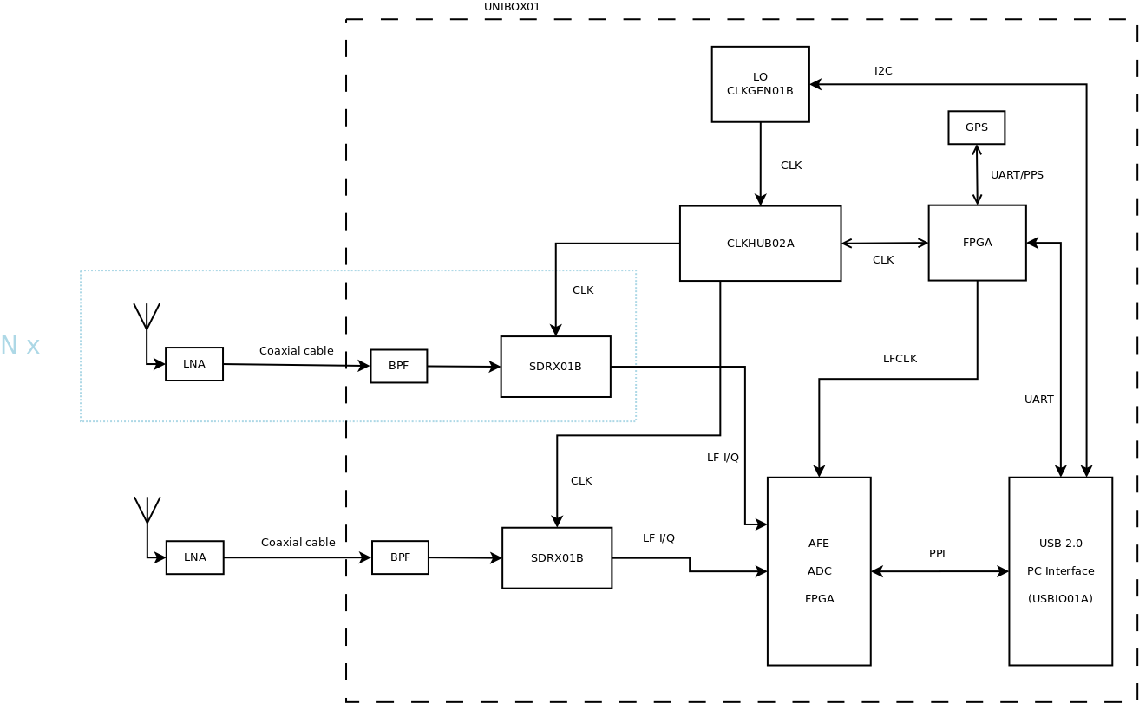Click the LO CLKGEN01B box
(760, 84)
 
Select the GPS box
(976, 127)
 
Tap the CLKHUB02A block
(760, 244)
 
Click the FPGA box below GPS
(977, 243)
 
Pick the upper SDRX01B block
(555, 367)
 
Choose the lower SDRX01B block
(557, 558)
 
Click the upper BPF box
(399, 366)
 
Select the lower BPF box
(400, 557)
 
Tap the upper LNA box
(194, 364)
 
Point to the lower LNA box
(195, 557)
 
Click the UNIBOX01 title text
(512, 7)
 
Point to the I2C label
(883, 71)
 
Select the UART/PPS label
(1017, 175)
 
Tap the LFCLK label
(900, 359)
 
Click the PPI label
(937, 554)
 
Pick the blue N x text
(20, 346)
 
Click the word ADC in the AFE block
(819, 571)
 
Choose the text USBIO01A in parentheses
(1060, 599)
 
